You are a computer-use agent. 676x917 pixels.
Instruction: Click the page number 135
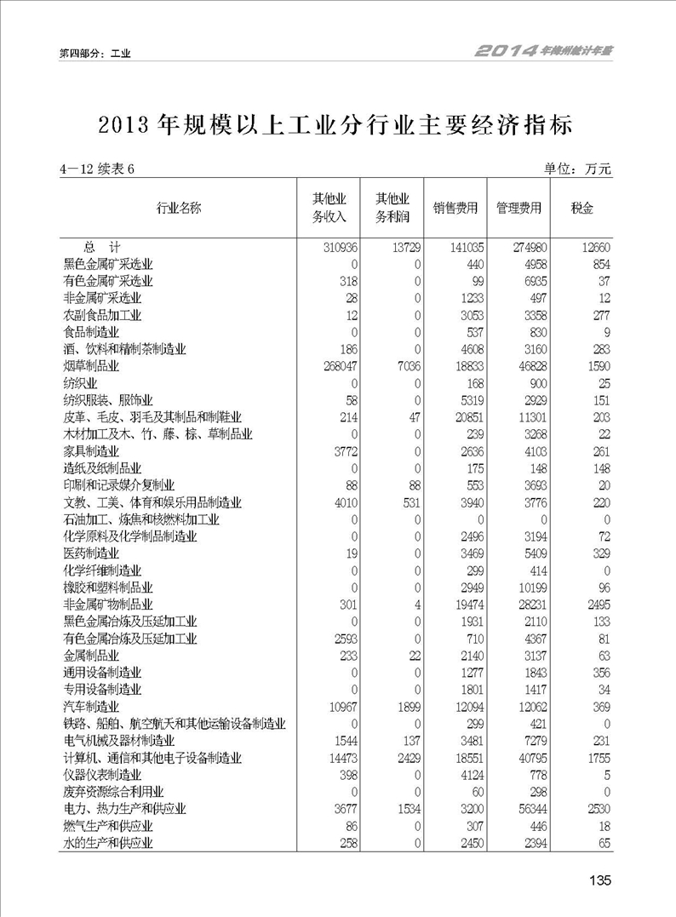(x=599, y=880)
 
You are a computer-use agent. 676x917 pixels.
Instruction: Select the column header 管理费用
(x=518, y=208)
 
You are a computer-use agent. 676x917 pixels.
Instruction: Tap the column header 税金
(x=581, y=208)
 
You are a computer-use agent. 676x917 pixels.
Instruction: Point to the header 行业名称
(x=179, y=208)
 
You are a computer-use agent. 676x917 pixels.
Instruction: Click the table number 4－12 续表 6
(x=97, y=169)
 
